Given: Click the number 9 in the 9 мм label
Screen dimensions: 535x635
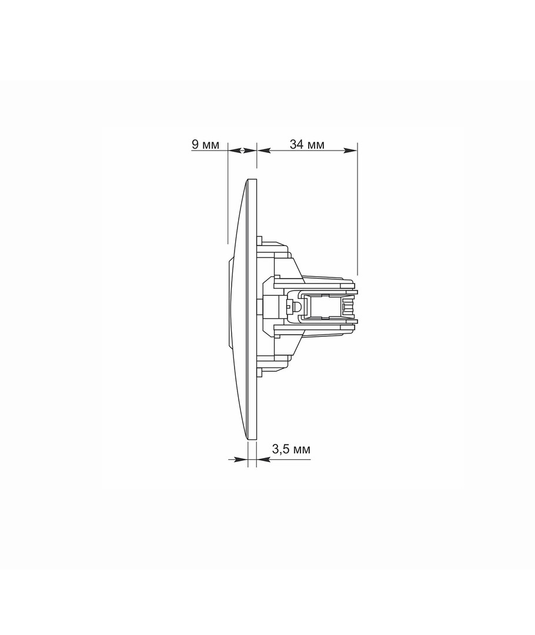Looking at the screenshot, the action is coord(195,145).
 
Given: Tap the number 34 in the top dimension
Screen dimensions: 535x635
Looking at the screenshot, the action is coord(296,144).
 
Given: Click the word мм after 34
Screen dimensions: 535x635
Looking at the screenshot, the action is coord(316,145).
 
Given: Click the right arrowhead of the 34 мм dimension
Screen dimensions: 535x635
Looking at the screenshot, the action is coord(351,151).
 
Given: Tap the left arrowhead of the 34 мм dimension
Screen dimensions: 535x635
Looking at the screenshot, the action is coord(264,151).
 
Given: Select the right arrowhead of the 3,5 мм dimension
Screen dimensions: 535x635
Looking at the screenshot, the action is coord(263,459).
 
